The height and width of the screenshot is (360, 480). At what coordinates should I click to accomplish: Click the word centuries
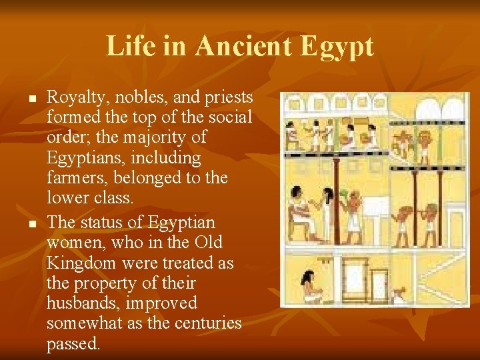click(203, 324)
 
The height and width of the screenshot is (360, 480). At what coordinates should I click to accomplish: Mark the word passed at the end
click(73, 345)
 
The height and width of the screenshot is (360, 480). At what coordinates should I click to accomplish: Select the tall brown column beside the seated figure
click(336, 200)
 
